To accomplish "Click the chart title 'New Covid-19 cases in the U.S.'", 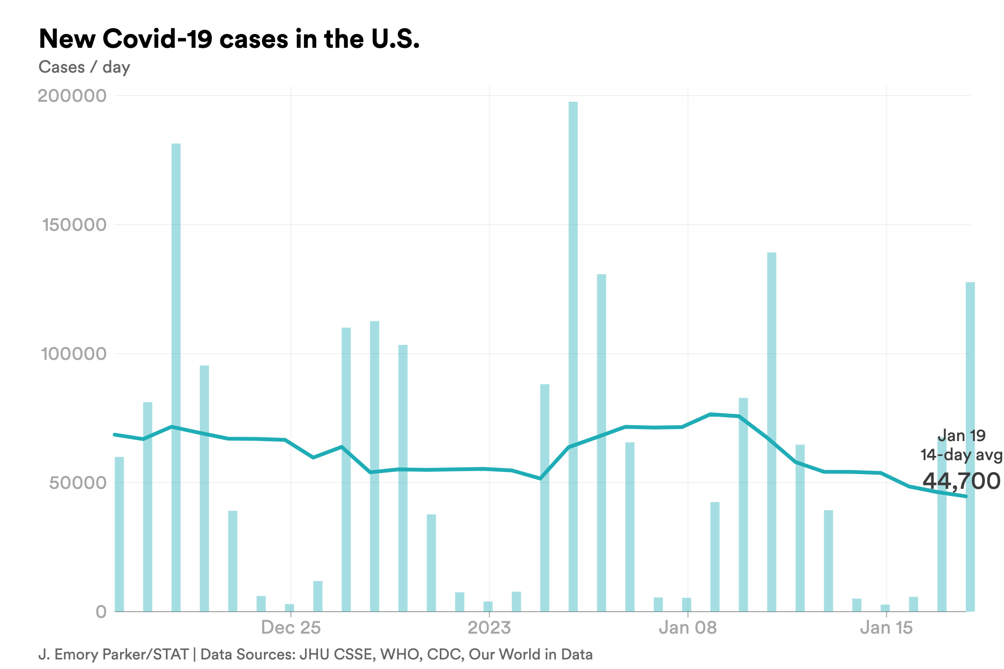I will pos(229,39).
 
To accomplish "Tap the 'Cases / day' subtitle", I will pos(84,67).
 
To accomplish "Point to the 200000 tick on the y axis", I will pos(72,96).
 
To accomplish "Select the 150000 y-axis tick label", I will pos(74,225).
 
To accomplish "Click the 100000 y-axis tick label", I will pos(74,354).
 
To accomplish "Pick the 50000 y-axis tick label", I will pos(77,483).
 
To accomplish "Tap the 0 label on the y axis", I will pos(101,612).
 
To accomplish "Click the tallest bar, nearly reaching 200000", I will pos(573,354).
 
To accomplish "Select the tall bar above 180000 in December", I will pos(176,378).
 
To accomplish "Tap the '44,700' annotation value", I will pos(961,481).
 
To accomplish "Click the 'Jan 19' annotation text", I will pos(961,436).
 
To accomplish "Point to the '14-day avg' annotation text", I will pos(961,455).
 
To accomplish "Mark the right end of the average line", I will pos(966,496).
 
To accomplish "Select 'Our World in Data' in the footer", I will pos(531,655).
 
